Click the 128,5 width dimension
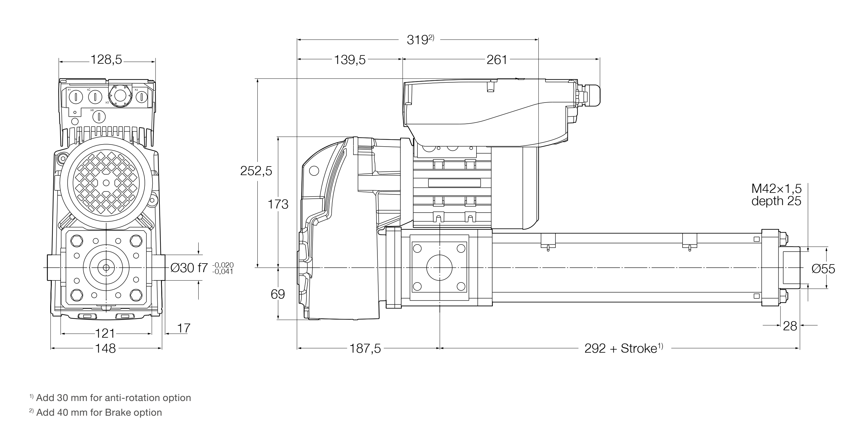pyautogui.click(x=106, y=60)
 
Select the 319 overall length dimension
pyautogui.click(x=418, y=40)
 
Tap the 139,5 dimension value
pyautogui.click(x=350, y=60)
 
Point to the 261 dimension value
pyautogui.click(x=497, y=60)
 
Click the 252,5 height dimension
pyautogui.click(x=256, y=171)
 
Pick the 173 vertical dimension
pyautogui.click(x=278, y=204)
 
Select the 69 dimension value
pyautogui.click(x=278, y=294)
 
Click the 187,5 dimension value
pyautogui.click(x=365, y=348)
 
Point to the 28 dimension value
pyautogui.click(x=790, y=326)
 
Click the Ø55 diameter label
pyautogui.click(x=823, y=269)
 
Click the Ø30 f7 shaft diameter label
pyautogui.click(x=189, y=268)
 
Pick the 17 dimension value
pyautogui.click(x=184, y=328)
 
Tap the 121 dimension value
pyautogui.click(x=105, y=334)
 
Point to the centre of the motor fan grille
pyautogui.click(x=107, y=182)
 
